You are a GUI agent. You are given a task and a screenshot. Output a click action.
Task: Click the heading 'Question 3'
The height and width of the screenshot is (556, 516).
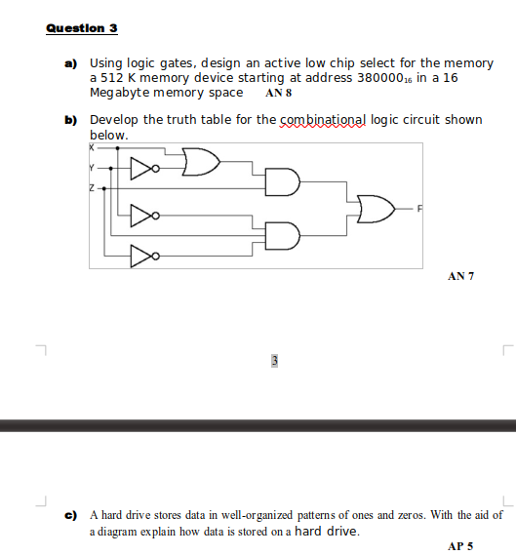click(x=81, y=27)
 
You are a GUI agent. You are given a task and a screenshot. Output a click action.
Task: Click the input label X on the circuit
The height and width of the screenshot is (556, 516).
click(x=93, y=148)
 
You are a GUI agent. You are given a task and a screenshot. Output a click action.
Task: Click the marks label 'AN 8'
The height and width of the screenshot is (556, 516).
click(x=278, y=95)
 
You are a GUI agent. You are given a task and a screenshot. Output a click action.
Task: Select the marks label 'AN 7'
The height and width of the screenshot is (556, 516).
click(x=460, y=277)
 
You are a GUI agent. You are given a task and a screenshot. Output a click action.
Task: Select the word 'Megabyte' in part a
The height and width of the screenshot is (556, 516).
click(x=119, y=93)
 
